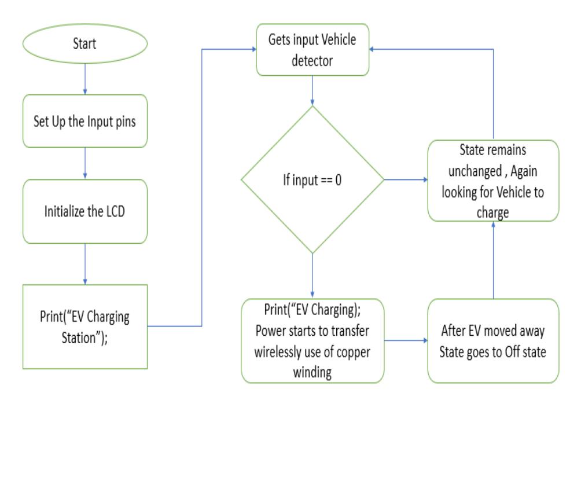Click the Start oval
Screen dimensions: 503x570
(85, 44)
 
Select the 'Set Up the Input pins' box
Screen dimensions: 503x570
(85, 122)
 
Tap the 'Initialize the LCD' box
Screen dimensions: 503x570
(85, 211)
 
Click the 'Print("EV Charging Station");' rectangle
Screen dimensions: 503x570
(85, 326)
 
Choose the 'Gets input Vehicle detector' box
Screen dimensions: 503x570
(312, 50)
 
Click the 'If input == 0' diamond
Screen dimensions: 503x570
(312, 180)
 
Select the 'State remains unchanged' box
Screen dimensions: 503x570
(493, 181)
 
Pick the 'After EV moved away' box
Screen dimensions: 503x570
(493, 341)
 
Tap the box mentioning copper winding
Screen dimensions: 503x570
(312, 341)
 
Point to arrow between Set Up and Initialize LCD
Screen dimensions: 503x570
(85, 163)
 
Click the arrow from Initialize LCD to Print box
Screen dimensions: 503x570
(85, 264)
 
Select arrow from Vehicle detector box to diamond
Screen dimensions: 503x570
(312, 90)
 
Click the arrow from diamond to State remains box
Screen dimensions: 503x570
(406, 180)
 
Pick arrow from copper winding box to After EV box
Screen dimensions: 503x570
(406, 341)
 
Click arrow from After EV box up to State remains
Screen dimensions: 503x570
(493, 260)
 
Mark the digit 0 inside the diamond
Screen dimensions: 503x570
(338, 180)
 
